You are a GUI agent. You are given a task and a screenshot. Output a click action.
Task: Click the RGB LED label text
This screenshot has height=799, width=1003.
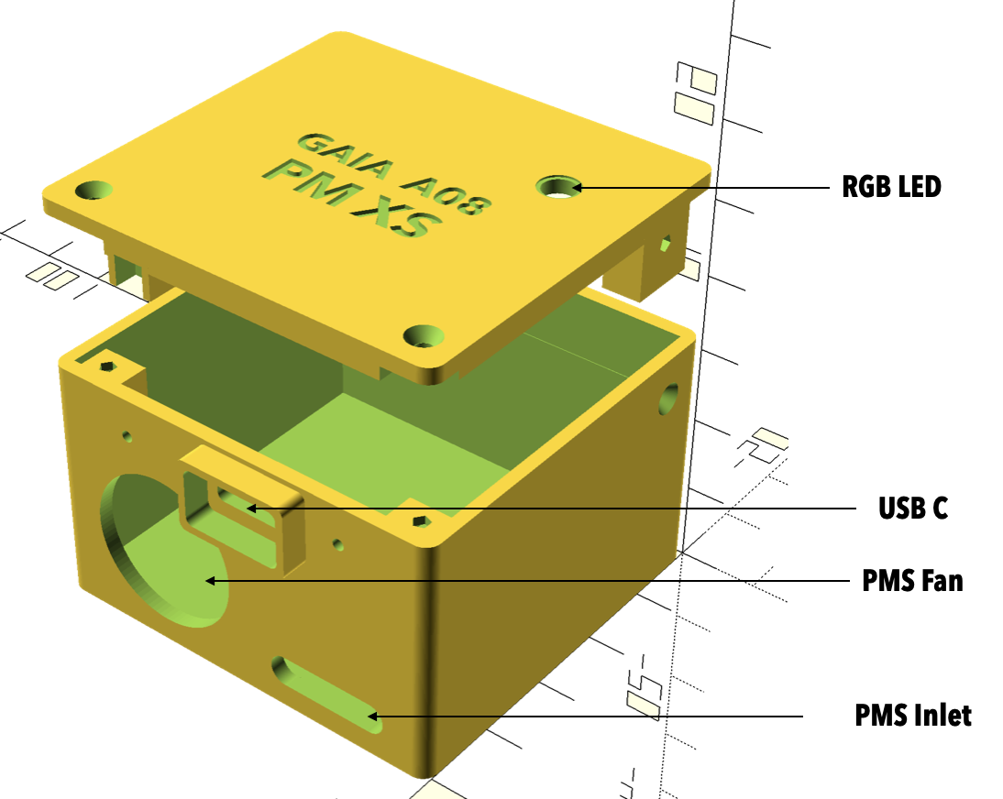tap(891, 188)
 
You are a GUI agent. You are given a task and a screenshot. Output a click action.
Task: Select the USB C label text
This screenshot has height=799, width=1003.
tap(912, 509)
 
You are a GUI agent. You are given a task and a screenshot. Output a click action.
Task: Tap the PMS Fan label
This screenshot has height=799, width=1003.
tap(912, 581)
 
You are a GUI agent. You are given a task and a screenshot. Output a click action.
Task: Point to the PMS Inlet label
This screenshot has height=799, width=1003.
tap(912, 715)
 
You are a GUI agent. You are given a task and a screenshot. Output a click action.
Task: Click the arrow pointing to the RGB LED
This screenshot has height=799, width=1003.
tap(697, 188)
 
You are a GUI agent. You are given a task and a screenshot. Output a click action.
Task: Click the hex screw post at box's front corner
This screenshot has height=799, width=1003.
tap(420, 522)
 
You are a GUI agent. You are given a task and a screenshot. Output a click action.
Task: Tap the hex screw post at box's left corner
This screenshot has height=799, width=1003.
tap(108, 367)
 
